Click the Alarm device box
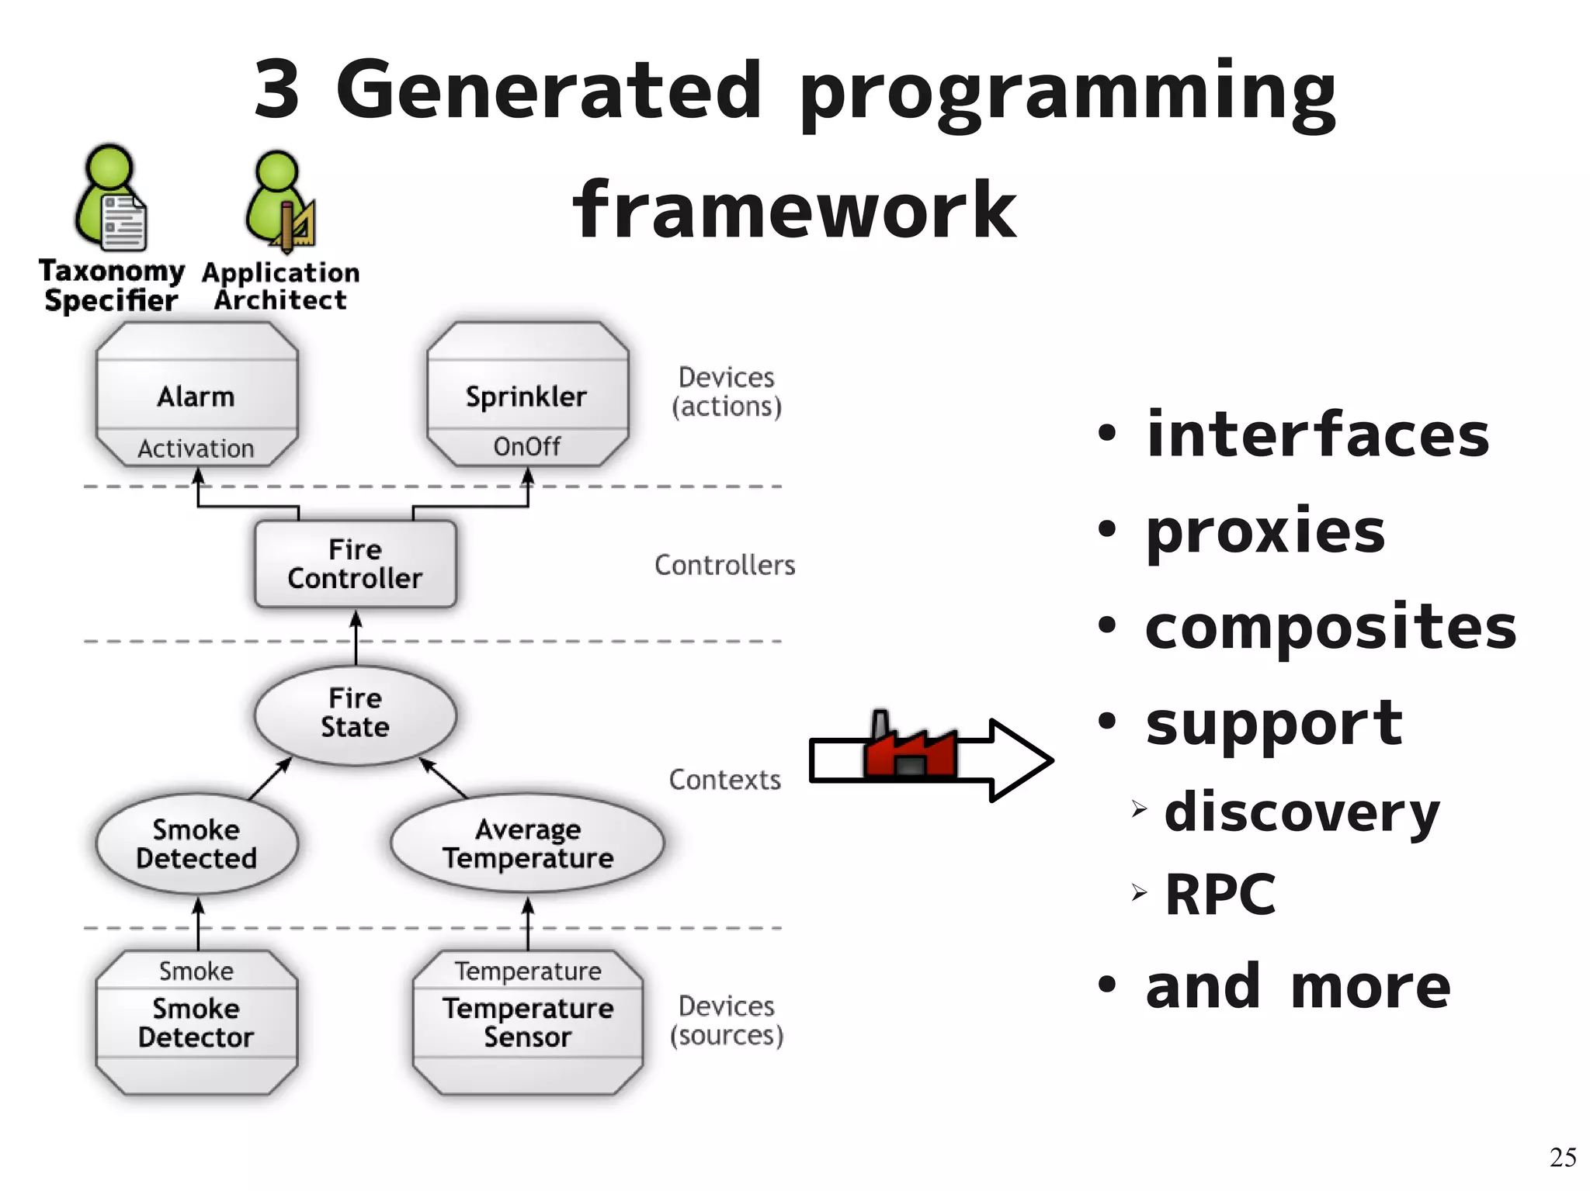196,395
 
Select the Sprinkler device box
527,395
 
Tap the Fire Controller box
356,564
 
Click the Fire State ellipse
356,713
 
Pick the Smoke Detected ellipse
196,843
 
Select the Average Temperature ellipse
527,843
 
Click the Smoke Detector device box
196,1023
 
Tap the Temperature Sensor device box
527,1023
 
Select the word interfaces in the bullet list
1317,435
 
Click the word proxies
1265,531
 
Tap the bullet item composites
1331,627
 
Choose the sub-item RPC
1220,895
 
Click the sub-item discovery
1302,812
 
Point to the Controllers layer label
724,565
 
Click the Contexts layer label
724,780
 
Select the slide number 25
1562,1157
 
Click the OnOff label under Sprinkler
527,447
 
